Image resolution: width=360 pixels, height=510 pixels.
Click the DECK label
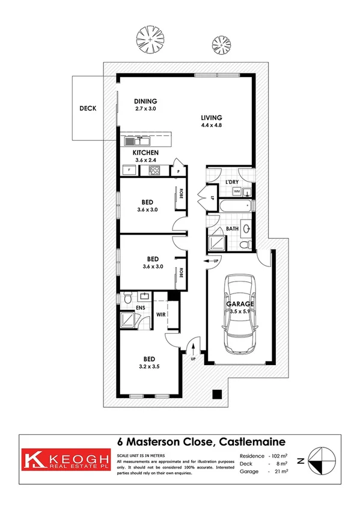[88, 109]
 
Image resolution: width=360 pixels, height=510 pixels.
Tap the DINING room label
[145, 101]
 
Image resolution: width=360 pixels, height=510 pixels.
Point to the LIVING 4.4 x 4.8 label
[212, 117]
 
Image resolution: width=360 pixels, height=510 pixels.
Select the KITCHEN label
[145, 153]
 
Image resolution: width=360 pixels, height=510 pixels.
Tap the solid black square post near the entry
[217, 395]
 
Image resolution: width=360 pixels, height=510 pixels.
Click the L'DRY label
[233, 182]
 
